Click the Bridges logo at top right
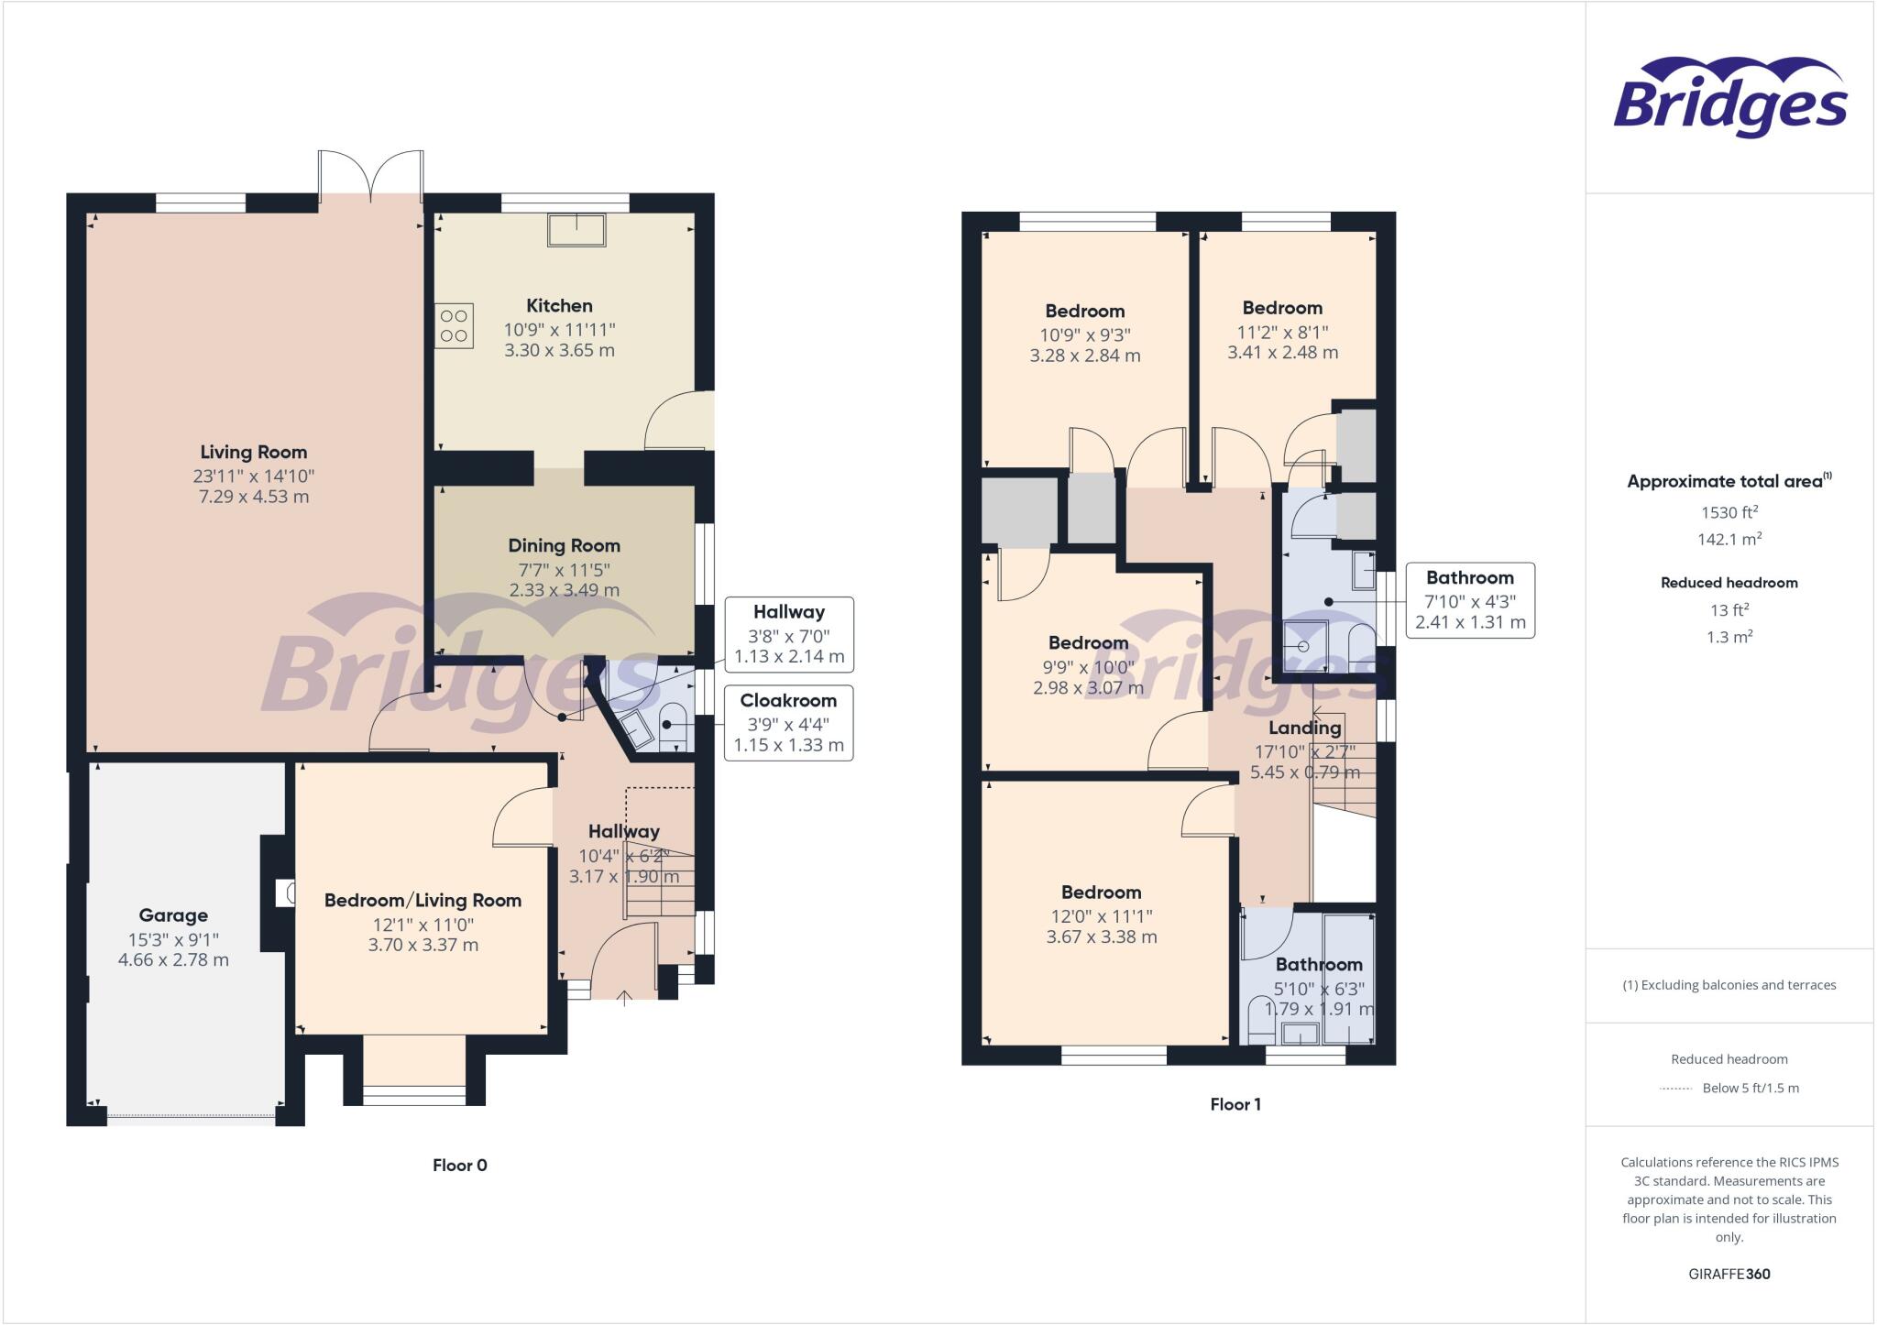(1729, 98)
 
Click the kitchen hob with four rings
(455, 326)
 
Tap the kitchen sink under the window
(576, 229)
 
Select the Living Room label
(254, 452)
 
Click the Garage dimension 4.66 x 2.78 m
(173, 960)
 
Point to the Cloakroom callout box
(788, 723)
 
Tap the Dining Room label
(564, 545)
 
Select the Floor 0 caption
(459, 1165)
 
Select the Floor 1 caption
(1235, 1104)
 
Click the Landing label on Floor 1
(1304, 728)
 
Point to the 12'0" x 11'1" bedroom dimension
(1101, 915)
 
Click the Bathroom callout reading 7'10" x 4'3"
(1469, 600)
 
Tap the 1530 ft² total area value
(1729, 512)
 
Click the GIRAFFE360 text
(1729, 1274)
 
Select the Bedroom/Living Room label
(423, 900)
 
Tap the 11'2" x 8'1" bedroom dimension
(1282, 332)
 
